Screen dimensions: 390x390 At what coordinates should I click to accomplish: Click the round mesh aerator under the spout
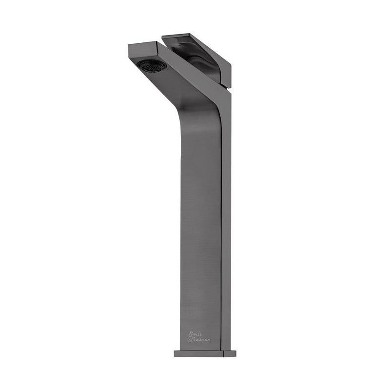151,66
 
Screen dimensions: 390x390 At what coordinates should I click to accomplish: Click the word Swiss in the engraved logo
195,334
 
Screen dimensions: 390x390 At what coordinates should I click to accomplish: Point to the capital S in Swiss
191,334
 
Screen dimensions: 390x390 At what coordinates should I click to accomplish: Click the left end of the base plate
175,353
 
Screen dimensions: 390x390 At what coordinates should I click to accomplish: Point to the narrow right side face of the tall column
226,219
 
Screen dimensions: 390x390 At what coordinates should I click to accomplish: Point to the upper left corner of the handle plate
163,36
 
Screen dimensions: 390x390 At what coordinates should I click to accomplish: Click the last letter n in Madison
209,340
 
